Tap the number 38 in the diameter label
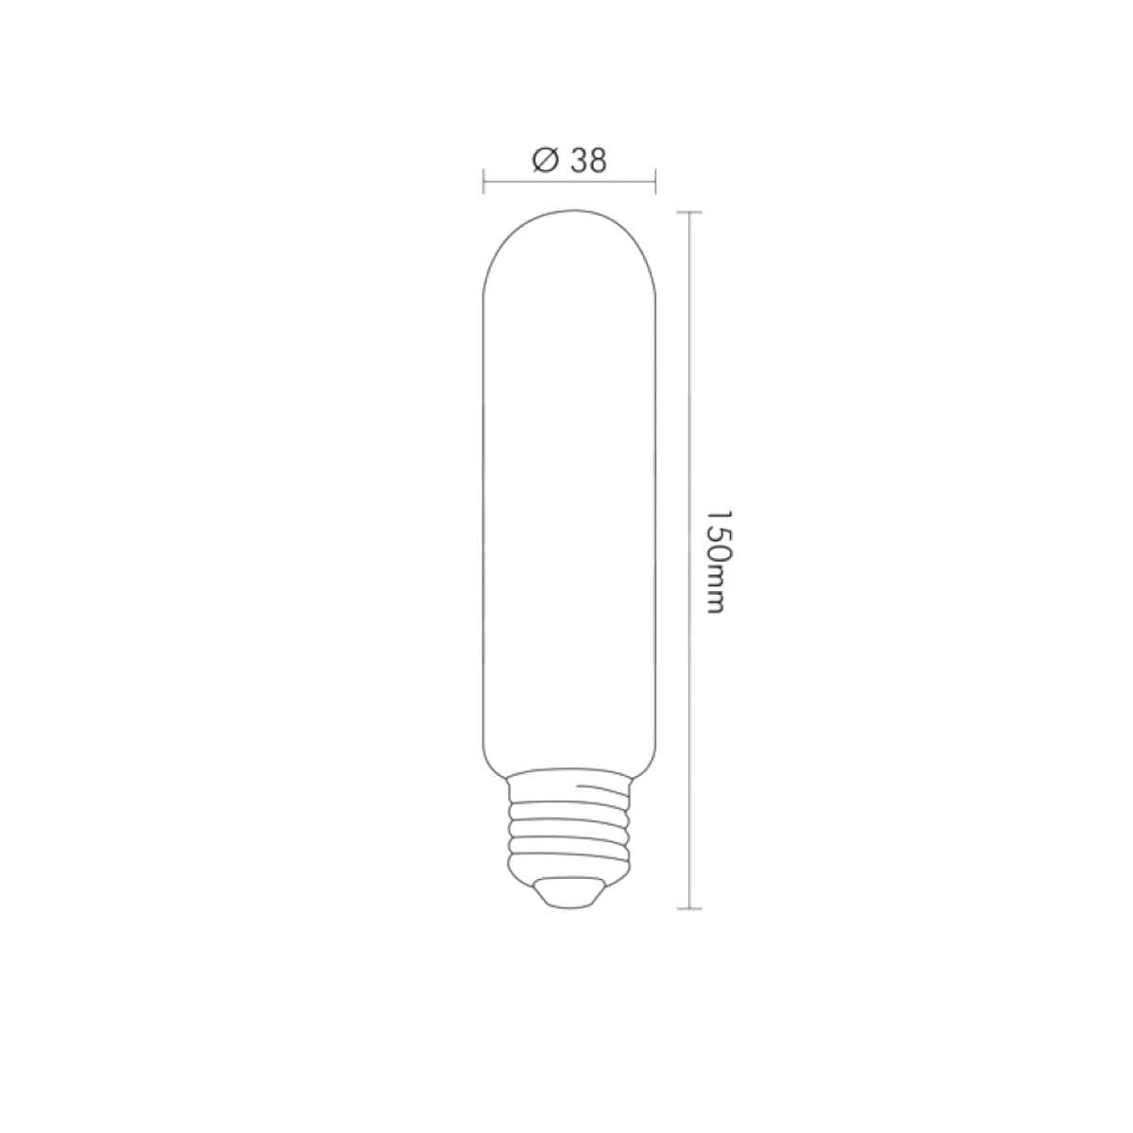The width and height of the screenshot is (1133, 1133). tap(588, 161)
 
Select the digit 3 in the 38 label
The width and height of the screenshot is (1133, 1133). tap(578, 161)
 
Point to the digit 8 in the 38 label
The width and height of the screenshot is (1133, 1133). tap(598, 161)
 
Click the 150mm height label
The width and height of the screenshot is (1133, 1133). tap(717, 563)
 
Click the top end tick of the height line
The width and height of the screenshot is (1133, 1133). tap(690, 212)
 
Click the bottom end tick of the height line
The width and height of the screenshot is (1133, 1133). tap(690, 909)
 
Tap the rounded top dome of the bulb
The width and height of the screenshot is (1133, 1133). tap(569, 236)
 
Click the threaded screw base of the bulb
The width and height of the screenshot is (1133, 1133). tap(569, 826)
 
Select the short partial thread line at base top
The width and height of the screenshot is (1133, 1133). tap(604, 786)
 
